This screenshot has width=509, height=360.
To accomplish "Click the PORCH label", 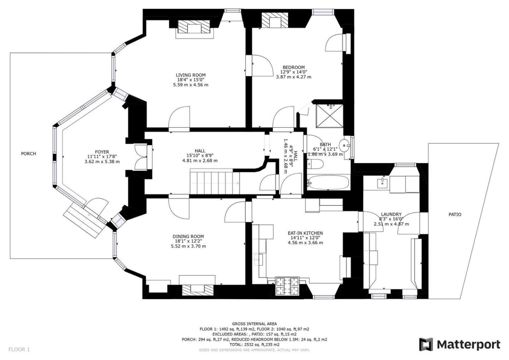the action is point(28,153).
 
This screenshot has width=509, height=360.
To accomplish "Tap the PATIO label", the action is point(455,214).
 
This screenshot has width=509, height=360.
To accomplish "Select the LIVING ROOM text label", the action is point(191,75).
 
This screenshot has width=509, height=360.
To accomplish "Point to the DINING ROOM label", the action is point(188,236).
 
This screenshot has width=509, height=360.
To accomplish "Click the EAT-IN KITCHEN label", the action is point(305,233).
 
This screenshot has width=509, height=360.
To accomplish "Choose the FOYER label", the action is point(102,152).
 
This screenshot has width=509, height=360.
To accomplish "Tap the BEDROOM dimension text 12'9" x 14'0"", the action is point(294,72).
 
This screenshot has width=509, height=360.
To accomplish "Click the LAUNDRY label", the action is point(391,214).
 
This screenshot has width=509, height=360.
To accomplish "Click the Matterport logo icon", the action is point(426,344).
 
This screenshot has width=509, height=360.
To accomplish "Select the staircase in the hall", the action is point(215,183).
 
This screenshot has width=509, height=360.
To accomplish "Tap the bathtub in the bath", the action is point(328,182).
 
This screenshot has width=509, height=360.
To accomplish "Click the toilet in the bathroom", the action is point(315,164).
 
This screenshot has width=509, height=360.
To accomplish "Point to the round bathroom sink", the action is point(345,145).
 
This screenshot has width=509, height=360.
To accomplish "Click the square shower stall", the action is point(330,116).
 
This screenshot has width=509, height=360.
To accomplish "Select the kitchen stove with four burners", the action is point(287,286).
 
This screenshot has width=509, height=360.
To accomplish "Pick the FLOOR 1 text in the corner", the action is point(19,349).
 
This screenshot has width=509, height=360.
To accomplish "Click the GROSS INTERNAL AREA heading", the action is point(254,324).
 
